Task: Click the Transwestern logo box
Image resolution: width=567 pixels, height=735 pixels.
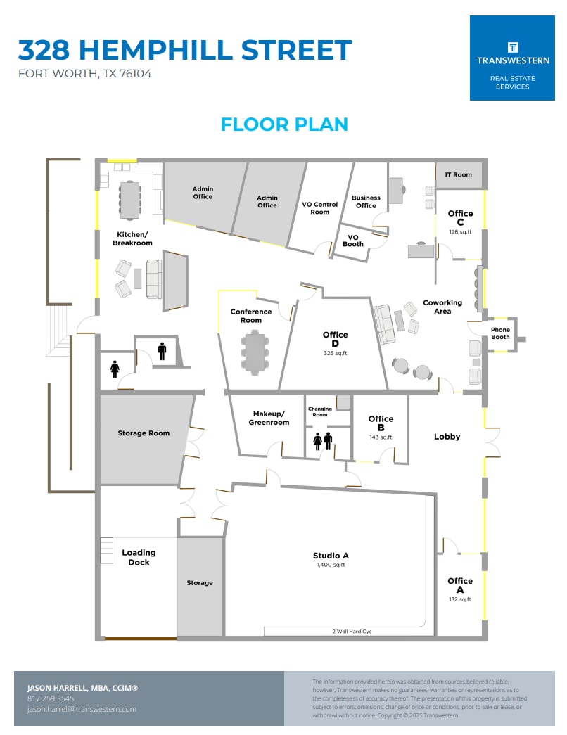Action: pos(512,58)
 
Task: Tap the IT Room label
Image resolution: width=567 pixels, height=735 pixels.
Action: pos(458,174)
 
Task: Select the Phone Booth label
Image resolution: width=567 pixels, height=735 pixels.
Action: pos(500,333)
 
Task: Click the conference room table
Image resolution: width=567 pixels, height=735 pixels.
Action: pos(255,352)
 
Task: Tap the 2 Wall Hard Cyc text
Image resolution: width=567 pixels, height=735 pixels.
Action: pos(352,632)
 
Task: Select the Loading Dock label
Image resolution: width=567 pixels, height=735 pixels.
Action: pos(139,557)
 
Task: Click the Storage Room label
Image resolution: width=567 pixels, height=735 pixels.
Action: pos(144,433)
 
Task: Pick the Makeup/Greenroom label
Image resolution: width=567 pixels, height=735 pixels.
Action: pos(269,418)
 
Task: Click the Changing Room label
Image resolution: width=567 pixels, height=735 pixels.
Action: pos(320,411)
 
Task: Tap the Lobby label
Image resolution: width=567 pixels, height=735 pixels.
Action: pos(447,437)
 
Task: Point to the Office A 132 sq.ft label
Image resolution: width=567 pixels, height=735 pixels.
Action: pos(460,589)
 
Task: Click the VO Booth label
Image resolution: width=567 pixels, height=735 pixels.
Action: pos(353,241)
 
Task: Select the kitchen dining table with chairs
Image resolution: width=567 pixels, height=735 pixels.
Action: pos(129,200)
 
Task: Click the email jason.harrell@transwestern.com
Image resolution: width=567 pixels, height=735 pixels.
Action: pos(82,709)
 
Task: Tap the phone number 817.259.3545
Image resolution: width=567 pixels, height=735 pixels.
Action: pos(51,698)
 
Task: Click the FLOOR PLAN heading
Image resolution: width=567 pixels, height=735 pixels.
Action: pos(284,124)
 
